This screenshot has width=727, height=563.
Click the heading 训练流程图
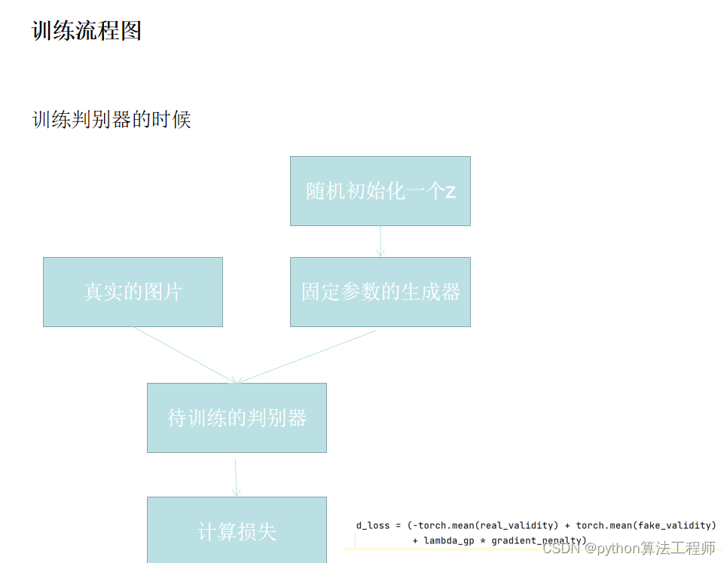(87, 31)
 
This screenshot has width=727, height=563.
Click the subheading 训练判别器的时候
(111, 120)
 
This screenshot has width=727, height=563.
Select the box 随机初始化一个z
(380, 191)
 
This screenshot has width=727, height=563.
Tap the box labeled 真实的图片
(133, 292)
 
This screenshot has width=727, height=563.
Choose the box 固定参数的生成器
(380, 292)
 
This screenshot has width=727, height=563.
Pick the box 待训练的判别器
(237, 418)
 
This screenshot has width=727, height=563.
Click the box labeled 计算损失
(237, 531)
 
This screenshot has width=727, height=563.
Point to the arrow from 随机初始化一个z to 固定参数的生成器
(380, 241)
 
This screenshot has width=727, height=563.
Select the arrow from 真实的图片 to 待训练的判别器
(185, 354)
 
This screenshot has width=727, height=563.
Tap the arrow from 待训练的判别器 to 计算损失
(236, 477)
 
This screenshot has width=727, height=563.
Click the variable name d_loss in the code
(373, 525)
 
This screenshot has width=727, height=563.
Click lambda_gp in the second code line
(449, 540)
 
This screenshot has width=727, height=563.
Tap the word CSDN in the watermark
(561, 548)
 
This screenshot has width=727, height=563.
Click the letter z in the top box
(451, 191)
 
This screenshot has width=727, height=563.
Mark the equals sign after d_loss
(398, 525)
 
